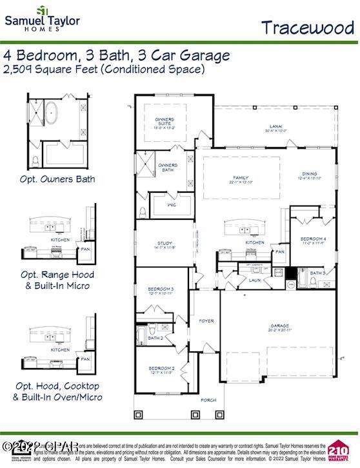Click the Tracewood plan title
(308, 27)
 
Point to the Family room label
(241, 179)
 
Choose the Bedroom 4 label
(314, 240)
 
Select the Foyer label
(206, 320)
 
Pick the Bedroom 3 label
(161, 290)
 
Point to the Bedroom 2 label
(161, 369)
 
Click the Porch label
(208, 400)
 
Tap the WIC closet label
(172, 205)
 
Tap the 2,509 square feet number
(19, 69)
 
